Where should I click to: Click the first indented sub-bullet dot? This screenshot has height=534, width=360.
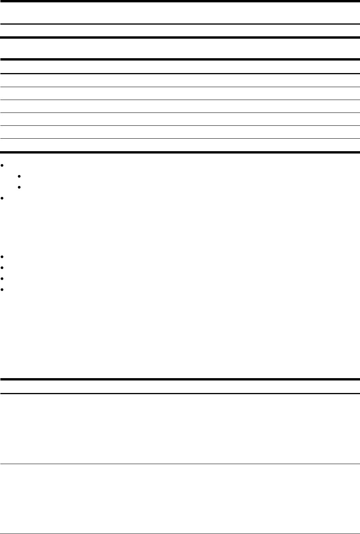click(x=19, y=176)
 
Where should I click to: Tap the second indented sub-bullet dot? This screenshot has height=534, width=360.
click(x=19, y=188)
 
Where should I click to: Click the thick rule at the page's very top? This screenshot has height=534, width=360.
click(x=180, y=1)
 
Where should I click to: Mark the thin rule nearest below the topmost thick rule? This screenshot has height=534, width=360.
click(x=180, y=24)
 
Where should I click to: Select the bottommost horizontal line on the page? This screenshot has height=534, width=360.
click(x=180, y=534)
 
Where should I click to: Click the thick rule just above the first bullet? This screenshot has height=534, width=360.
click(x=180, y=152)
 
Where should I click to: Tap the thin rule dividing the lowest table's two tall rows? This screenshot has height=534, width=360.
click(x=180, y=464)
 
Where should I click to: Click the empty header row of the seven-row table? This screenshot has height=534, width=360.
click(x=180, y=66)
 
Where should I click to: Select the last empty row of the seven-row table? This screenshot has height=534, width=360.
click(x=180, y=145)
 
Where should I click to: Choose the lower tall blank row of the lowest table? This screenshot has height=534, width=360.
click(x=180, y=498)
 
